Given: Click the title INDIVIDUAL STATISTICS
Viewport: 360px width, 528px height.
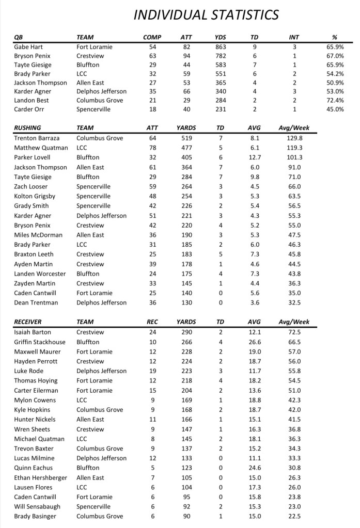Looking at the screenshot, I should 206,14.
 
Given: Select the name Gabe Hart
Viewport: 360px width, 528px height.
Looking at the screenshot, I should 28,47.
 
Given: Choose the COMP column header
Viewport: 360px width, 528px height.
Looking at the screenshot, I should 152,37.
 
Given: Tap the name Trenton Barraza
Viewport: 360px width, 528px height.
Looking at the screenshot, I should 37,138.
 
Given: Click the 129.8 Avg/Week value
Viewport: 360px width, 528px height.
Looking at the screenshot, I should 293,138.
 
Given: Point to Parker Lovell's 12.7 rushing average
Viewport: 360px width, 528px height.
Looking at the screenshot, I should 255,157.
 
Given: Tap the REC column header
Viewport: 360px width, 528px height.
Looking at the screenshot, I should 152,322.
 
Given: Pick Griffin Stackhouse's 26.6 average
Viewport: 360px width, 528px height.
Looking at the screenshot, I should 255,341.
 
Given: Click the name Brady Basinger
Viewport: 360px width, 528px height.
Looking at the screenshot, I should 36,516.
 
